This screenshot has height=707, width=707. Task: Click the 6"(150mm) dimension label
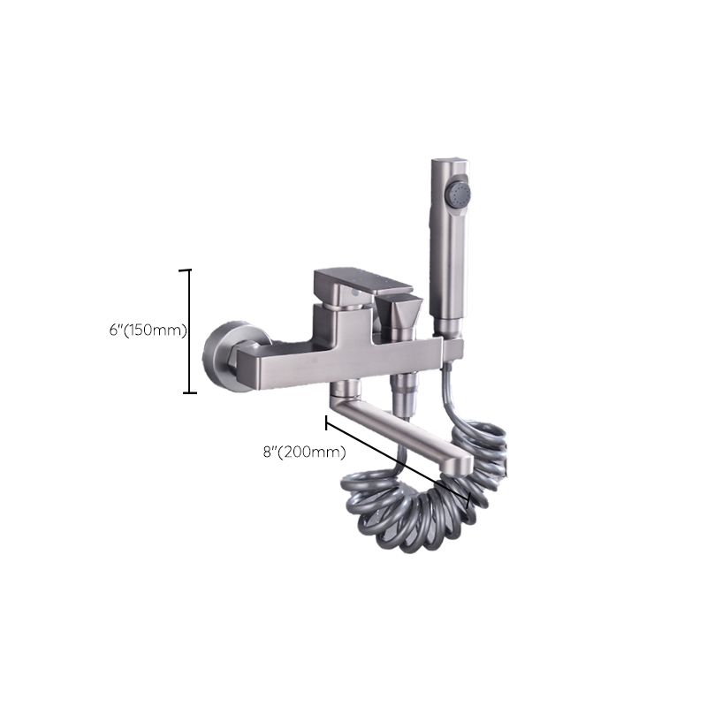click(x=148, y=331)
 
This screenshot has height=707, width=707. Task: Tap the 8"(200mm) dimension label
click(x=305, y=452)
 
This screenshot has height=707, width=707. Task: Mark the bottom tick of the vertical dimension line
click(x=189, y=392)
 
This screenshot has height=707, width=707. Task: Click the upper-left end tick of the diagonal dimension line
click(x=326, y=423)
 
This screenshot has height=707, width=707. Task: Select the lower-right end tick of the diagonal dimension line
click(x=470, y=499)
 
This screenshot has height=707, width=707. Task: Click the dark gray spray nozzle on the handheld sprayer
click(x=458, y=196)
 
